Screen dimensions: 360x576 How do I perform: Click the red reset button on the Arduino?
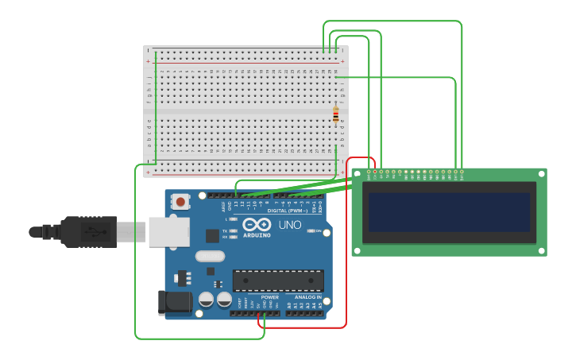[180, 202]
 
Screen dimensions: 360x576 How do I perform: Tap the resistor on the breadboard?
[335, 115]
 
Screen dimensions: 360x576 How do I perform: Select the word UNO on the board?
[290, 225]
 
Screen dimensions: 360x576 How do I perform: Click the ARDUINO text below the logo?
[257, 235]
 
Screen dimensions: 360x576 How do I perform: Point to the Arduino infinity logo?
[257, 224]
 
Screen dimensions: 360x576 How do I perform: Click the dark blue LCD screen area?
[449, 212]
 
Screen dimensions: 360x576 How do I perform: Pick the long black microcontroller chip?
[278, 280]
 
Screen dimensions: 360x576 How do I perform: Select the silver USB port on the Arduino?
[169, 230]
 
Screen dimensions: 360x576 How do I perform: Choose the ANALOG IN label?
[308, 297]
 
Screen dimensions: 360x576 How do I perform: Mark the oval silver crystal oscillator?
[210, 256]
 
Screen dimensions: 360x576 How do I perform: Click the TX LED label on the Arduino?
[226, 230]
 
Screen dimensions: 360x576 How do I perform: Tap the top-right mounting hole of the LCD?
[542, 172]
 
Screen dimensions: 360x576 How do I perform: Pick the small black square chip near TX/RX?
[212, 235]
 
